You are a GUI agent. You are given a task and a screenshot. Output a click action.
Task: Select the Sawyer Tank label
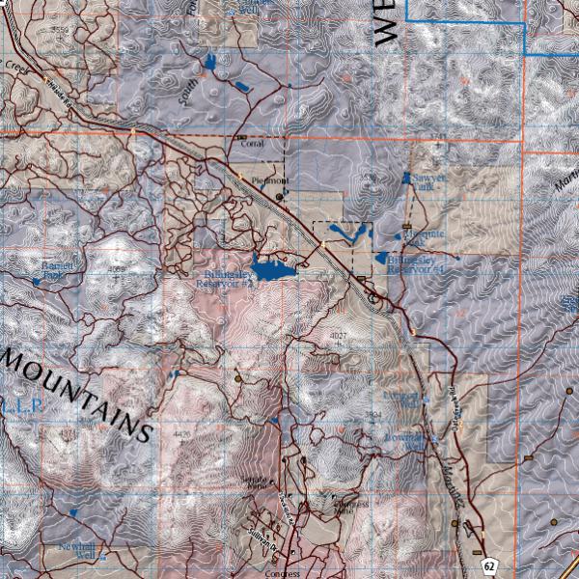(x=427, y=181)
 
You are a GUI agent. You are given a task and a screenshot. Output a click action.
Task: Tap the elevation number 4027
(x=338, y=335)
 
